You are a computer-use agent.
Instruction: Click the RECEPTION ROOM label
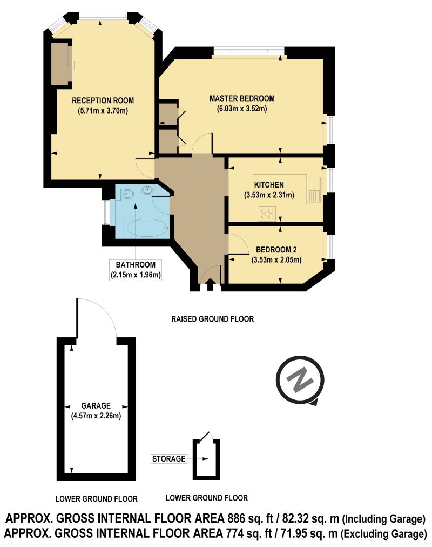[103, 101]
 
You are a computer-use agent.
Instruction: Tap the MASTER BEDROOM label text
[242, 98]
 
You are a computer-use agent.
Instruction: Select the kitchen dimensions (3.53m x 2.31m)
[269, 195]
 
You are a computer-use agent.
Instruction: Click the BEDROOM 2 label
[276, 249]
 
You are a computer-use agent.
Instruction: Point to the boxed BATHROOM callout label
[136, 270]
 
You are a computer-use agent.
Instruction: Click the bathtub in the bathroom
[147, 227]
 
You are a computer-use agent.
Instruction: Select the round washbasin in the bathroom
[148, 189]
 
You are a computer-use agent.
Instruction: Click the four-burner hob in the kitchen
[267, 214]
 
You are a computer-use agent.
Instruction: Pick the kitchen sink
[314, 190]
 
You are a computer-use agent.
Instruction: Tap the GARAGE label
[96, 406]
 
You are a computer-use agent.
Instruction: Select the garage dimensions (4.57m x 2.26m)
[96, 416]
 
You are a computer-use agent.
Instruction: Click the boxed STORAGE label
[168, 458]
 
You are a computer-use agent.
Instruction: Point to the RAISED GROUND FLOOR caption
[213, 319]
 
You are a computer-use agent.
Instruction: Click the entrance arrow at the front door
[210, 284]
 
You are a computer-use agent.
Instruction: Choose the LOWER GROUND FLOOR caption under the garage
[97, 499]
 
